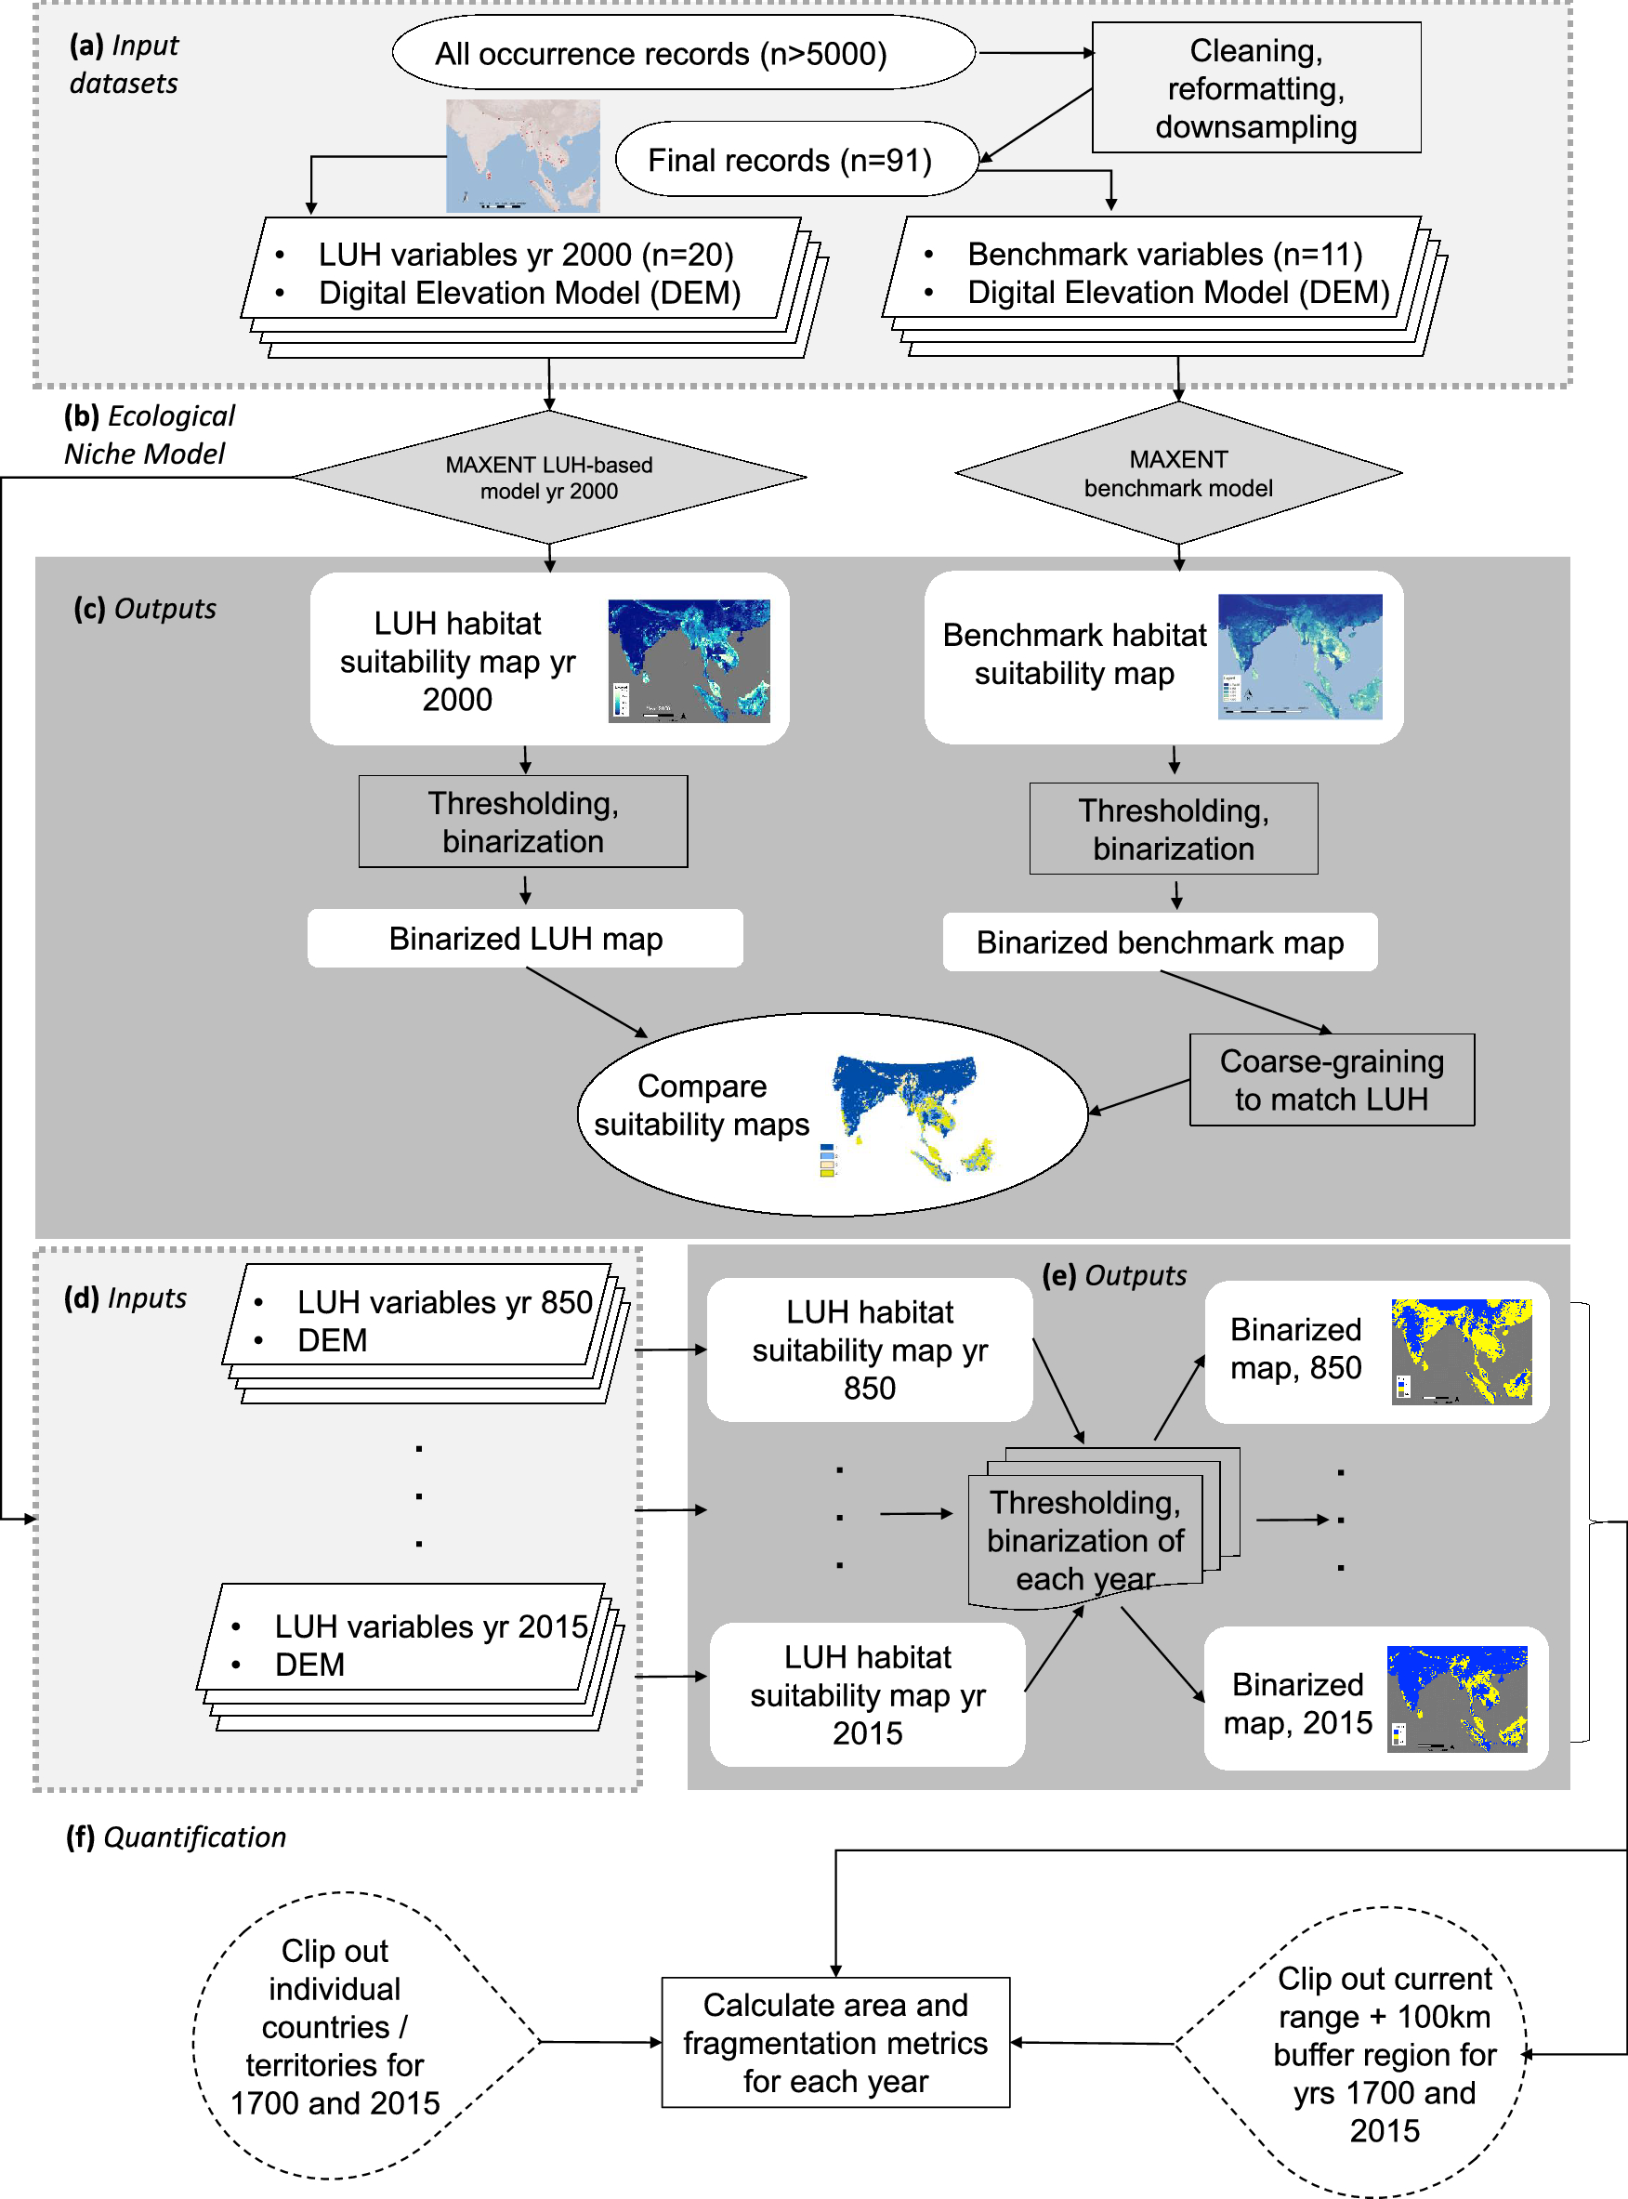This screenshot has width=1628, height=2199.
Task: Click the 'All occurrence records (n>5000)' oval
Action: [x=683, y=53]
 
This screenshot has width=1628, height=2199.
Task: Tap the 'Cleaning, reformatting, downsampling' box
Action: [x=1255, y=88]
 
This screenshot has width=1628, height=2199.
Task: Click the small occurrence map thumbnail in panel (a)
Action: [x=522, y=156]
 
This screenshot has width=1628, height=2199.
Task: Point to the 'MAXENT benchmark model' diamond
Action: [x=1177, y=474]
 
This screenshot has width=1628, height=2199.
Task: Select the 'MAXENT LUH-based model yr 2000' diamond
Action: [x=549, y=478]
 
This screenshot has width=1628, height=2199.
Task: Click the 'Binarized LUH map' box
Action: [x=525, y=939]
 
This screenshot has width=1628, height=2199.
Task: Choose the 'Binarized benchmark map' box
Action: [x=1159, y=942]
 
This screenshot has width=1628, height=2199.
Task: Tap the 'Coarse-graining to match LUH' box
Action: [x=1331, y=1080]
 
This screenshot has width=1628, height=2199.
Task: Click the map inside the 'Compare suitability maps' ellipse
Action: [x=911, y=1118]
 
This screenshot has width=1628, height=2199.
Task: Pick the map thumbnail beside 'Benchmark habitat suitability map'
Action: [x=1299, y=656]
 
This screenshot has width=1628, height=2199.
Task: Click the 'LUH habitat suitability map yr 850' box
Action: [x=868, y=1350]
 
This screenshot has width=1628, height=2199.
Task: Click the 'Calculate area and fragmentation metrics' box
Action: [x=834, y=2042]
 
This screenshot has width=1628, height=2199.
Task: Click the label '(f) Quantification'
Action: [x=176, y=1837]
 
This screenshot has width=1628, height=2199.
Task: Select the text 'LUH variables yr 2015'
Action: [x=430, y=1626]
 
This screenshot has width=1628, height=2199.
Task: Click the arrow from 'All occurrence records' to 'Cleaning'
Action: [x=1035, y=53]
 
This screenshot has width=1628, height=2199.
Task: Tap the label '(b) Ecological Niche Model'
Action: [x=149, y=435]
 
